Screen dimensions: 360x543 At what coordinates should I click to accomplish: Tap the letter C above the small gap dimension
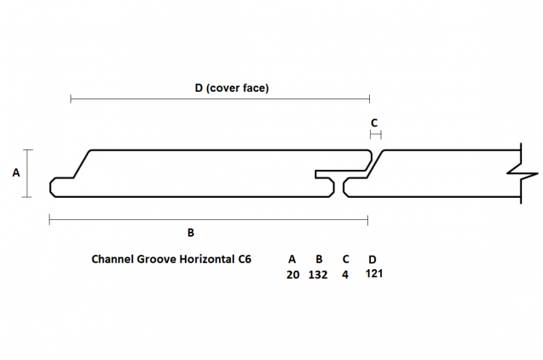pyautogui.click(x=374, y=122)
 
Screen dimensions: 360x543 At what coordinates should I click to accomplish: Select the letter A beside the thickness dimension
pyautogui.click(x=15, y=173)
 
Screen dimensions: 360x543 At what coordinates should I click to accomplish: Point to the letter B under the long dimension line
pyautogui.click(x=191, y=232)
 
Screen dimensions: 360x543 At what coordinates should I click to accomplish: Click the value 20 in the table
pyautogui.click(x=293, y=274)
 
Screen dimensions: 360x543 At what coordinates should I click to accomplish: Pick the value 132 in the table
pyautogui.click(x=319, y=274)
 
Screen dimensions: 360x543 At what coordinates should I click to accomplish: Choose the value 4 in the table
pyautogui.click(x=345, y=274)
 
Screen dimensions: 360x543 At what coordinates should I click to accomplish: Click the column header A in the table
pyautogui.click(x=293, y=259)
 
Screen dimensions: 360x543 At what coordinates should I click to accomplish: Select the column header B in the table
pyautogui.click(x=319, y=259)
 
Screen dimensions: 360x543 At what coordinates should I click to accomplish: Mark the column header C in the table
pyautogui.click(x=345, y=259)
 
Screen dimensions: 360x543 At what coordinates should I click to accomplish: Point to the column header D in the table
pyautogui.click(x=372, y=259)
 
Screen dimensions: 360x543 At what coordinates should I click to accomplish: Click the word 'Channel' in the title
pyautogui.click(x=116, y=259)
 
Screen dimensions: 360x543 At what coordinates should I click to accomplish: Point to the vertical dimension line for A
pyautogui.click(x=29, y=173)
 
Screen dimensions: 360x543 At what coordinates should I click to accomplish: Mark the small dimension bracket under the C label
pyautogui.click(x=375, y=134)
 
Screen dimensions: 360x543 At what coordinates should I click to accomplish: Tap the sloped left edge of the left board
pyautogui.click(x=81, y=164)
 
